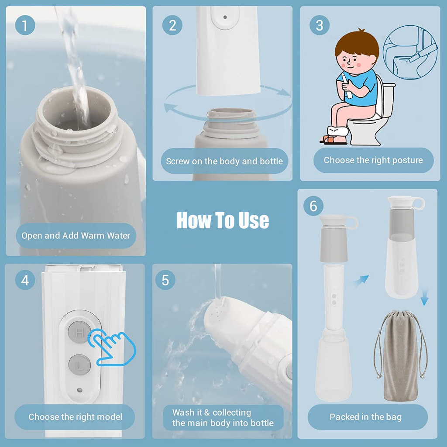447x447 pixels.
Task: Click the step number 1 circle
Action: tap(25, 26)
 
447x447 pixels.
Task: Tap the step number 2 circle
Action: tap(172, 26)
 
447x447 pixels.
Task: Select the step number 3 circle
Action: tap(319, 26)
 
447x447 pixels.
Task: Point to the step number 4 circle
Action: tap(25, 280)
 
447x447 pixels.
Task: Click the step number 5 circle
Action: tap(165, 280)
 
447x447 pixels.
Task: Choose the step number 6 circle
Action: tap(313, 206)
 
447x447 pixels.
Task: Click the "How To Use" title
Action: tap(223, 220)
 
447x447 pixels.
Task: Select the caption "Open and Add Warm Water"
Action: tap(76, 236)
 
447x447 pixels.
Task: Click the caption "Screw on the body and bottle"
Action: tap(224, 161)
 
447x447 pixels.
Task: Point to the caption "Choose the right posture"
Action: tap(373, 160)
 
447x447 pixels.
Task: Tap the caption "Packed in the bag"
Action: tap(365, 417)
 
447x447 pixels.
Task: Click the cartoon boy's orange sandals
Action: tap(334, 140)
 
